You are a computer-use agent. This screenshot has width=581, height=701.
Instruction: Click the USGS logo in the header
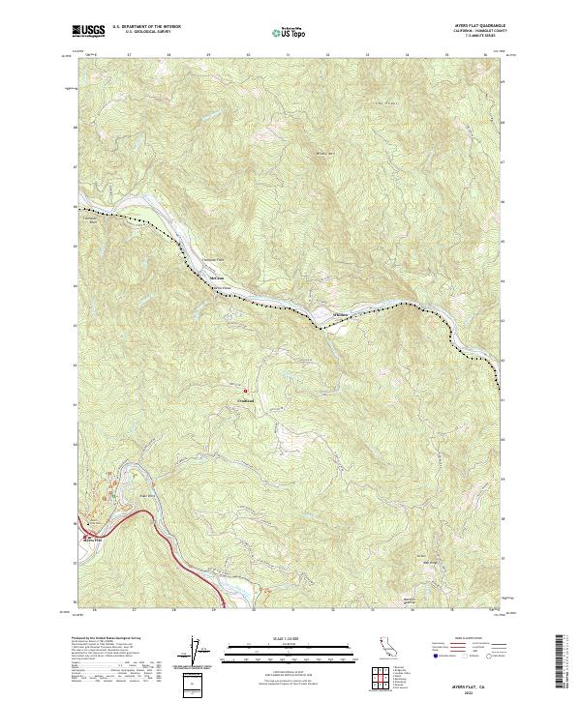[88, 32]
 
